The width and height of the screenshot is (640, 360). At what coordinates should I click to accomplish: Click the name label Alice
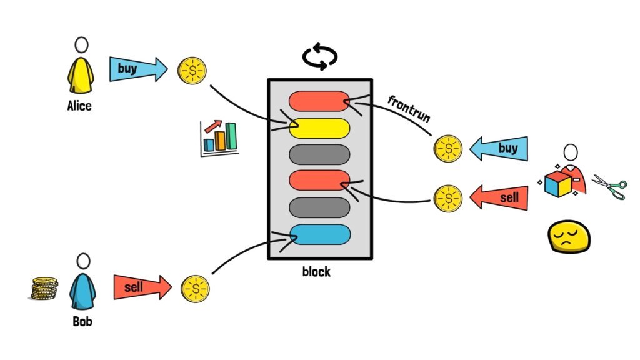[79, 106]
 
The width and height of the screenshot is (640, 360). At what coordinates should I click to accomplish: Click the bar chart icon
[219, 138]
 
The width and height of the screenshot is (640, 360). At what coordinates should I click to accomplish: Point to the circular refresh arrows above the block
[320, 56]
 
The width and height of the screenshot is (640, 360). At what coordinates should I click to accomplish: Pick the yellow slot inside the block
[319, 127]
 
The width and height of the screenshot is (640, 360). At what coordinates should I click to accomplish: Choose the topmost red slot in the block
[319, 101]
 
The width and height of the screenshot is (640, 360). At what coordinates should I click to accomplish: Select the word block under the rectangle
[316, 272]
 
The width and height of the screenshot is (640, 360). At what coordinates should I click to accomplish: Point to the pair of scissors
[609, 186]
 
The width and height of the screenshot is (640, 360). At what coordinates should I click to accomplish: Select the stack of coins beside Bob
[45, 289]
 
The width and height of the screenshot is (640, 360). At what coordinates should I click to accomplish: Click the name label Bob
[82, 322]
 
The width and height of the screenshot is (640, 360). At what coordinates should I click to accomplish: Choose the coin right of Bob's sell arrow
[195, 289]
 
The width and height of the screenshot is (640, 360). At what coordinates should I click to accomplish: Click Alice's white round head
[81, 44]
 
